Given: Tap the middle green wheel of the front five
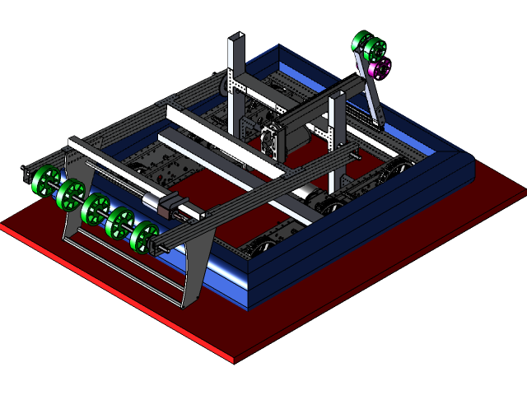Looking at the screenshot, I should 96,207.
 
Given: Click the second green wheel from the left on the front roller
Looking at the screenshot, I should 70,193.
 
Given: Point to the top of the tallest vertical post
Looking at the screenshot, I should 236,38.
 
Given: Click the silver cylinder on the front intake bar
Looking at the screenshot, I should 153,202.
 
